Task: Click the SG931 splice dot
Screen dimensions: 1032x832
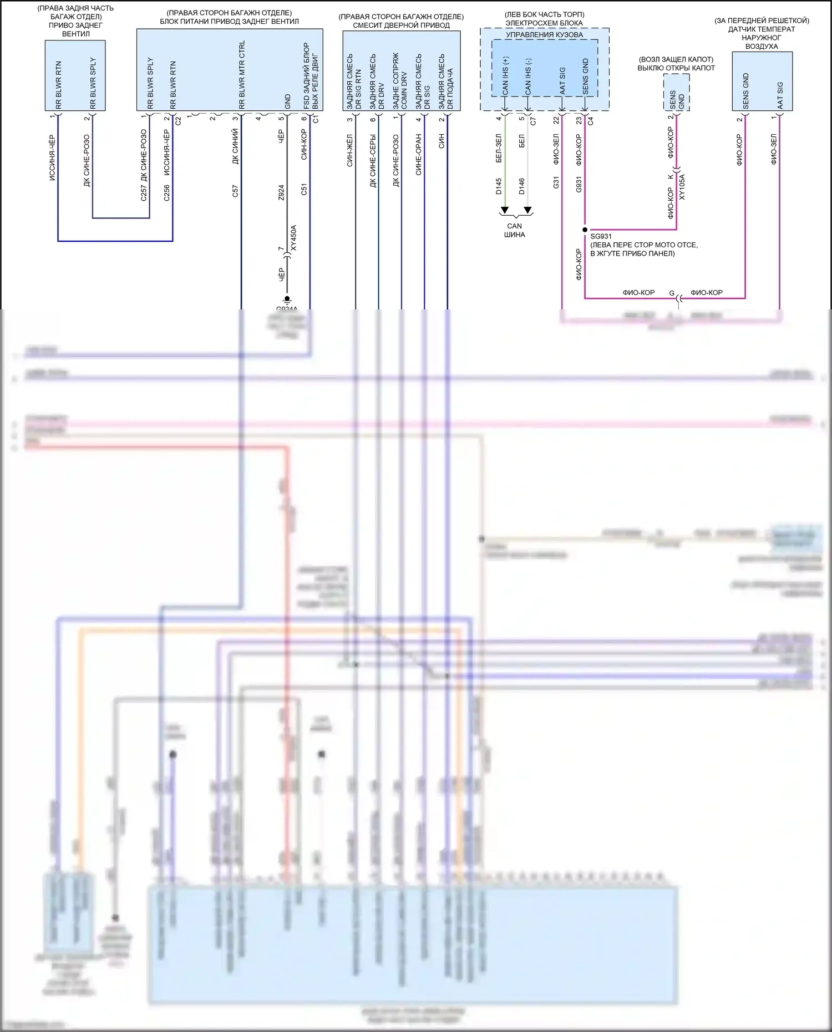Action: (585, 230)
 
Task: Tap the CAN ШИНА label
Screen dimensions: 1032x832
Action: (514, 230)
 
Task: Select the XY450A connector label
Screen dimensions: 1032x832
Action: (294, 238)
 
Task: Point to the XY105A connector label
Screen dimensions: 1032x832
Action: (682, 187)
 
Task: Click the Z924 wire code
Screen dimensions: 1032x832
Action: (281, 192)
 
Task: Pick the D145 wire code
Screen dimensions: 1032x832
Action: (499, 186)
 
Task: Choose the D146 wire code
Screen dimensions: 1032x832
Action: (521, 186)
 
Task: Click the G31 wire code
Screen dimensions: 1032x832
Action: (556, 182)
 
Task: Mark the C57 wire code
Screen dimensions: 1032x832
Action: (235, 191)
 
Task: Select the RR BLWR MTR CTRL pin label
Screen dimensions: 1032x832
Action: (242, 75)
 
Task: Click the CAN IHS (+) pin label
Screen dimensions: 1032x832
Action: (505, 76)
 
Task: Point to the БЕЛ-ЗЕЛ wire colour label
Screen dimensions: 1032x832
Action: (499, 148)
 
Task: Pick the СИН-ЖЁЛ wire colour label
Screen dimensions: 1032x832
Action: (349, 150)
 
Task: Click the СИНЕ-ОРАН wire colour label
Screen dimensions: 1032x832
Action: (418, 154)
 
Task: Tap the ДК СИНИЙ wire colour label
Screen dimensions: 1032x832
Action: (235, 146)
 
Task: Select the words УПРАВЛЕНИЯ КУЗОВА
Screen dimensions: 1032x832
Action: (544, 34)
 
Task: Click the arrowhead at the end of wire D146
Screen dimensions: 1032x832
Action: (528, 211)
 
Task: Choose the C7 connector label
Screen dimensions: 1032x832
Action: (533, 120)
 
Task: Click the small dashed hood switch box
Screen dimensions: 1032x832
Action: (677, 93)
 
